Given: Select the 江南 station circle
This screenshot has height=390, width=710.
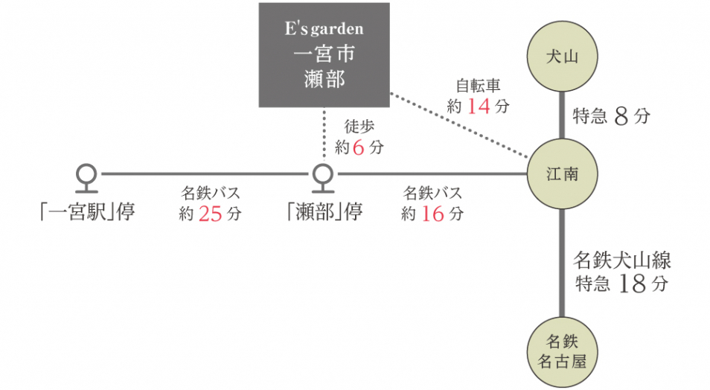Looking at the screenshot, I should (562, 174).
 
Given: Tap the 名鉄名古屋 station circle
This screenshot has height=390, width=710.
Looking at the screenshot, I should (562, 353).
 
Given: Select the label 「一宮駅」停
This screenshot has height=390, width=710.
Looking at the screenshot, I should (88, 212).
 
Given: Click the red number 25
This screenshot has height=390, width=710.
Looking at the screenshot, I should (211, 214).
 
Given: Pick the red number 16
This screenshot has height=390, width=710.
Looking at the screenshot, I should (432, 214).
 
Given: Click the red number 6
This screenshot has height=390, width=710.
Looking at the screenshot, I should (358, 148).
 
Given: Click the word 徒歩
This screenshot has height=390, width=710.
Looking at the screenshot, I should (359, 127).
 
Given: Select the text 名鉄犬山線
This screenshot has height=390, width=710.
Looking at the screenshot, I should (622, 260).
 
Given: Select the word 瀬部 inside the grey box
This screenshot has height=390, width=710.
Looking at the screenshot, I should (324, 79).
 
